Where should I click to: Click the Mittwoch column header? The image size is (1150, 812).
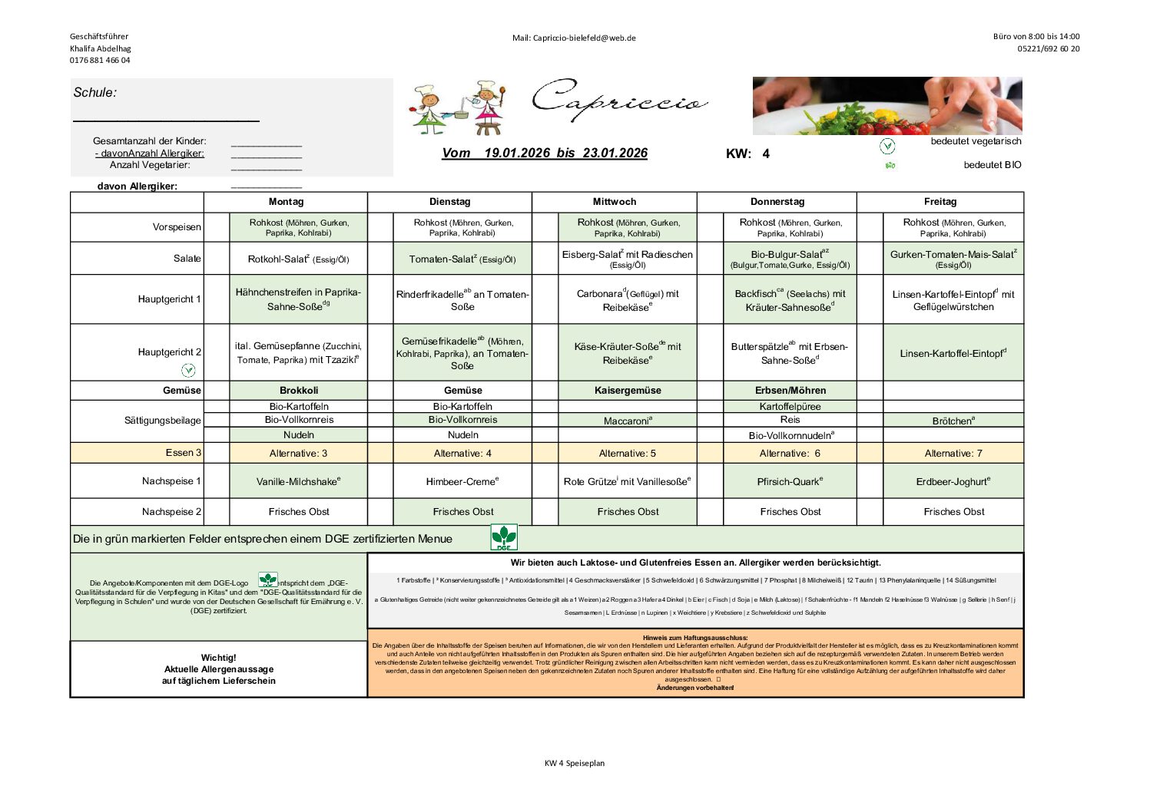pos(614,202)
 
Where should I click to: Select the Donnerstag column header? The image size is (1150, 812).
pos(777,202)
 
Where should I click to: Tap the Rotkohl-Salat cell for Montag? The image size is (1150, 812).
pos(298,259)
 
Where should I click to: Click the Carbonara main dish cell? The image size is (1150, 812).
pos(628,300)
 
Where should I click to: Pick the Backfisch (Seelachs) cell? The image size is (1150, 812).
pos(790,300)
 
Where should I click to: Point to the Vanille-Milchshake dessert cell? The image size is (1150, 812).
pos(298,481)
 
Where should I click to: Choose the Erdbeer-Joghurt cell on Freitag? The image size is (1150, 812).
pos(953,481)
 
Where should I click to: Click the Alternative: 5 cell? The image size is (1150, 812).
pos(628,453)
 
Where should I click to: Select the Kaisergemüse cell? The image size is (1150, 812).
pos(628,390)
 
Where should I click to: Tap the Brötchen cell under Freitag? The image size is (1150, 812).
pos(953,421)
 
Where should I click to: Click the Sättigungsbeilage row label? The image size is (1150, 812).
pos(162,421)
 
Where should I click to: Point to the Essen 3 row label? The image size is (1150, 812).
pos(183,453)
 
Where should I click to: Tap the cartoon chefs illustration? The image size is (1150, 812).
pos(459,107)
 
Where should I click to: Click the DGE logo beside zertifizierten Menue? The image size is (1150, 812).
pos(504,537)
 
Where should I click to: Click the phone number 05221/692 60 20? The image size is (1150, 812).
pos(1048,48)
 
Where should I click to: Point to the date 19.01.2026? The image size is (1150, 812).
pos(517,153)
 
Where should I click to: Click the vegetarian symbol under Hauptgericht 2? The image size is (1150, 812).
pos(188,370)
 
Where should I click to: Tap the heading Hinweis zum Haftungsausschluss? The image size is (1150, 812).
pos(694,637)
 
